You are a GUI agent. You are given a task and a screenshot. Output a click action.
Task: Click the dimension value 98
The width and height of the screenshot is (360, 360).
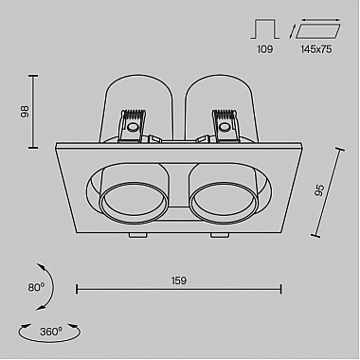(x=25, y=112)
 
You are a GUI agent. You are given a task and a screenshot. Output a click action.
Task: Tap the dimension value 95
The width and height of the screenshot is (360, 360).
(x=319, y=190)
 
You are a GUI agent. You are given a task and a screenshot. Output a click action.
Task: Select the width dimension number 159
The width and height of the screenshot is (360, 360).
(x=179, y=280)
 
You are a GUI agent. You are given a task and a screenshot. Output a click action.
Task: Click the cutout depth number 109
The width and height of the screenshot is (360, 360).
(x=264, y=49)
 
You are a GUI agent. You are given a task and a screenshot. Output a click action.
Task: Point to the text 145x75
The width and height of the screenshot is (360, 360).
(x=316, y=49)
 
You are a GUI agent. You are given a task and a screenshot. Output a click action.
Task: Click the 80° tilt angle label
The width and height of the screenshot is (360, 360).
(x=36, y=287)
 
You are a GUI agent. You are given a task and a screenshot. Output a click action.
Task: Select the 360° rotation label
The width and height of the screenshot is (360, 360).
(x=51, y=332)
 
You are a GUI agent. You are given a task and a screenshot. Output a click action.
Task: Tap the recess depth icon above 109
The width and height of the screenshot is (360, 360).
(x=265, y=29)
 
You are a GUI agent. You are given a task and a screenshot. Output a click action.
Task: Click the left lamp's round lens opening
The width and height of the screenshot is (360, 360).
(x=134, y=204)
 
